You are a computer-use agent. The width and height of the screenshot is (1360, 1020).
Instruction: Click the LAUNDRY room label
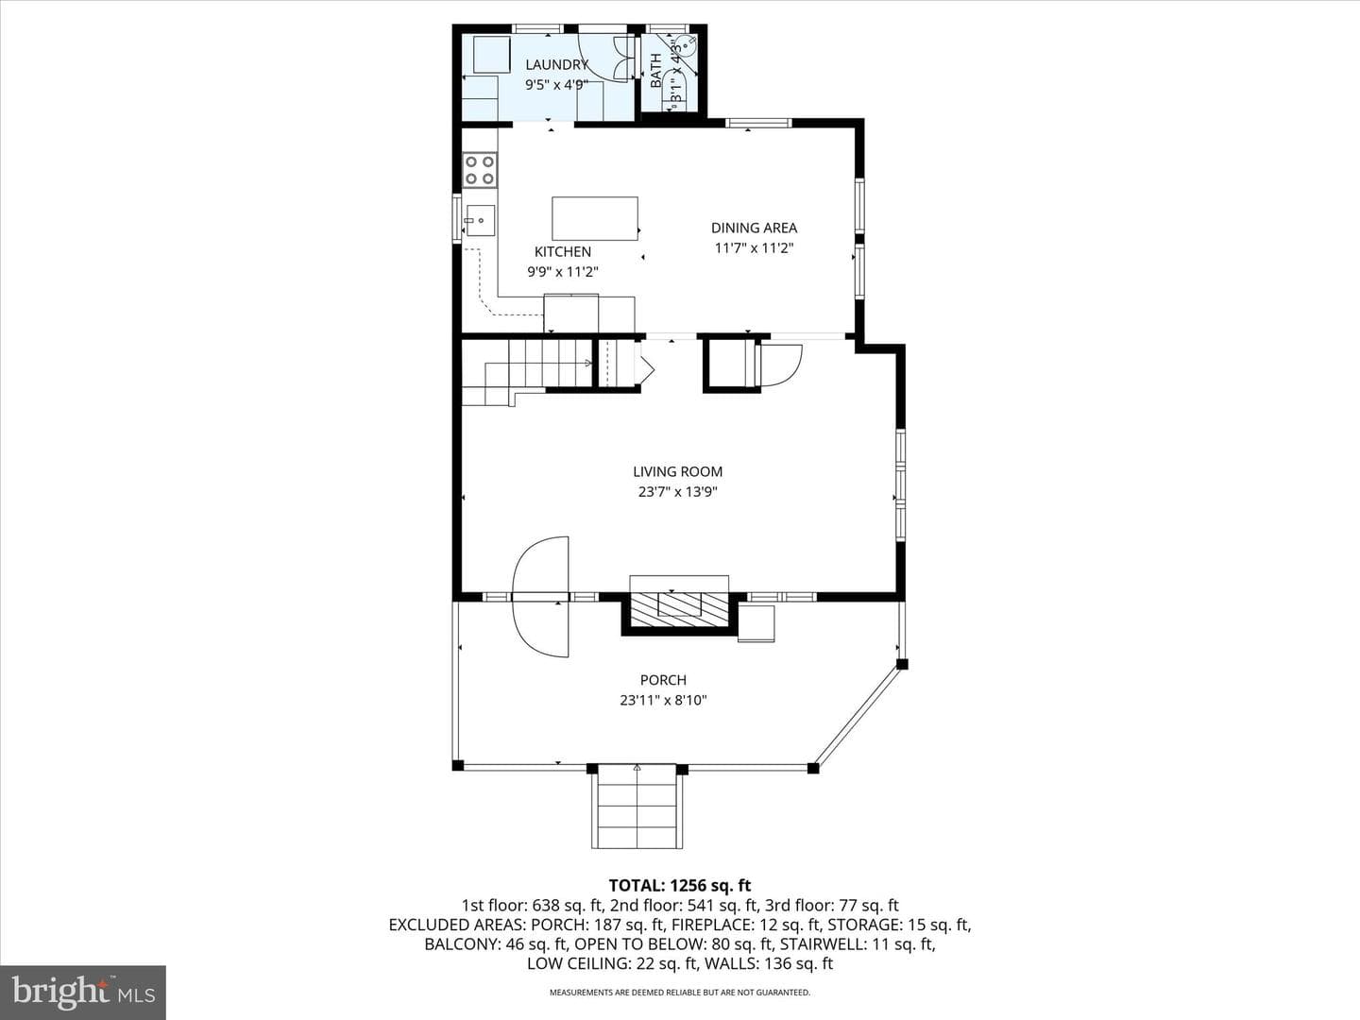coord(557,64)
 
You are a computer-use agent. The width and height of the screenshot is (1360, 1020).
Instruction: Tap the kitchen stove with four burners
coord(480,170)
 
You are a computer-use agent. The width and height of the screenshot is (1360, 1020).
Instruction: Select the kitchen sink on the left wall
coord(480,220)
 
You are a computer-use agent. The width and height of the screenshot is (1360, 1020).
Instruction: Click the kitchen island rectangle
coord(595,218)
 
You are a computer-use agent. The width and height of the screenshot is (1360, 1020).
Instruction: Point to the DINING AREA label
coord(754,228)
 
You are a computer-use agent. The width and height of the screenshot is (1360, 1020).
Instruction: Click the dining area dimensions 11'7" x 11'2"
coord(754,248)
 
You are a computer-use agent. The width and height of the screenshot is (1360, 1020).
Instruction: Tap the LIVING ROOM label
coord(678,472)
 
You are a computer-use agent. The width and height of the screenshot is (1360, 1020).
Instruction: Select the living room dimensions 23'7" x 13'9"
coord(678,492)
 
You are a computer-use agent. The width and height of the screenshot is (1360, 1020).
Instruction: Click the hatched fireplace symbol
coord(680,613)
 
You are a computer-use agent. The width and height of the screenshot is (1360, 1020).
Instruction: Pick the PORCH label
coord(664,680)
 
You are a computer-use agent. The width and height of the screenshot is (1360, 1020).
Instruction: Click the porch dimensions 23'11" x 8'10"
coord(664,701)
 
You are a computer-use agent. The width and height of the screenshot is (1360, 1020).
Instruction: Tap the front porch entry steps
coord(637,807)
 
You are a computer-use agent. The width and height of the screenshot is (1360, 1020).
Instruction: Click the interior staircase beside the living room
coord(527,371)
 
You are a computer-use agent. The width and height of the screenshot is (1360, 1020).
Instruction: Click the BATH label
coord(655,71)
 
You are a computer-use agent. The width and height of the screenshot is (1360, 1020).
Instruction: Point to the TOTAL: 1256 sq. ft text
coord(680,886)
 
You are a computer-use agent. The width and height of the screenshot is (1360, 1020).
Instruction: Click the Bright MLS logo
coord(83,991)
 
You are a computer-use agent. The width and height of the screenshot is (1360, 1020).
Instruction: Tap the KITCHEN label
coord(563,252)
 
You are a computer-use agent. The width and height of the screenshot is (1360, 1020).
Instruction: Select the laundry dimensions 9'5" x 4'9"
coord(557,85)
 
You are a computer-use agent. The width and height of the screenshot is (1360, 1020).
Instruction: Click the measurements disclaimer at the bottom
coord(680,993)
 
